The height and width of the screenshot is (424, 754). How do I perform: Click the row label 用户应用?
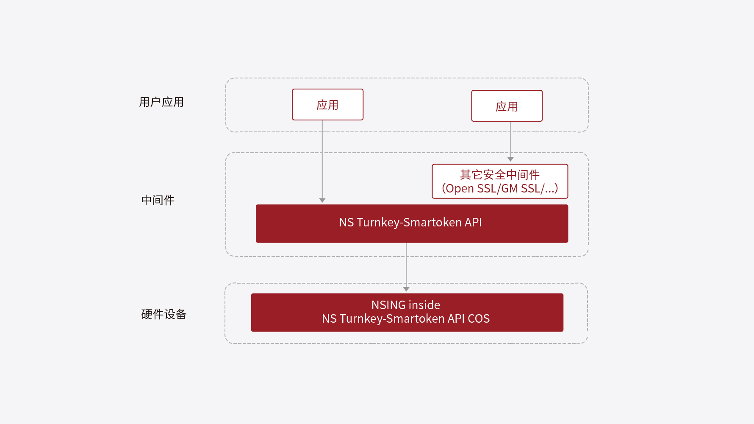pos(161,102)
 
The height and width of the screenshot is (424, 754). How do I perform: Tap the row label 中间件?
pos(158,200)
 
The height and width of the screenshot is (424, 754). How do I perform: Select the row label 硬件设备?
pos(164,314)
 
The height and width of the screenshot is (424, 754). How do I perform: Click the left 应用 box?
pos(327,105)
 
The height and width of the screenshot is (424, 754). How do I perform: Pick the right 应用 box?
pos(507,106)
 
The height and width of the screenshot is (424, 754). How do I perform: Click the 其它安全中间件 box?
pos(500,181)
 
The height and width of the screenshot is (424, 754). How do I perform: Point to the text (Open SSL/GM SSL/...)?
pos(500,188)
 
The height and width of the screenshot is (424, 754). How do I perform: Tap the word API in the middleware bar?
pos(473,223)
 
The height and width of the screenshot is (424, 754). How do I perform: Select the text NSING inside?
pos(406,305)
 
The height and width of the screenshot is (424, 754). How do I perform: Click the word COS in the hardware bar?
pos(479,318)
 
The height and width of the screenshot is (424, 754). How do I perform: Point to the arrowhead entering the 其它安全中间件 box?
pos(510,159)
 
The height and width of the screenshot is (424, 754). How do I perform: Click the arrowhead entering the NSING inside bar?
pos(406,289)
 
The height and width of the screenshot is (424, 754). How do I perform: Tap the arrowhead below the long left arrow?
pos(322,200)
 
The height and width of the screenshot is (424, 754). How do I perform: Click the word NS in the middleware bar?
pos(346,223)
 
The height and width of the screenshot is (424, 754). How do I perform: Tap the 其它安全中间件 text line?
pos(500,175)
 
